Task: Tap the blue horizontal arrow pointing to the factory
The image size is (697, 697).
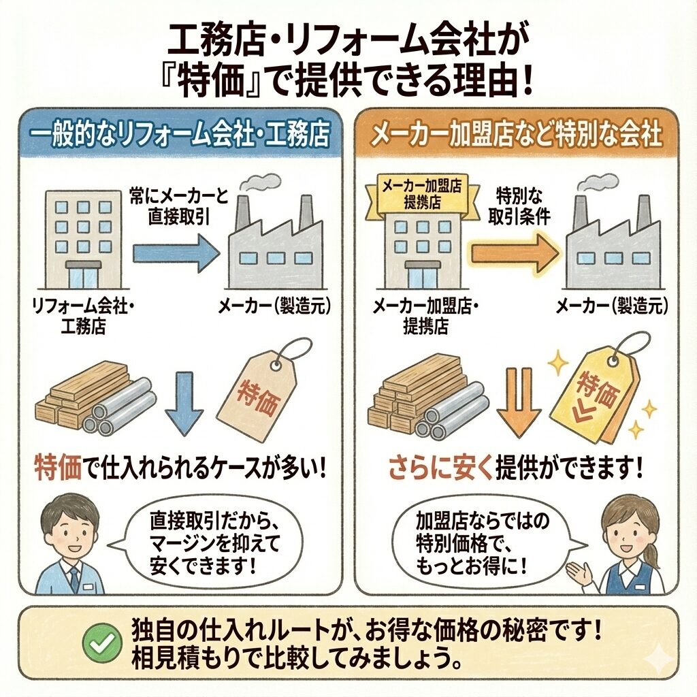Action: click(176, 254)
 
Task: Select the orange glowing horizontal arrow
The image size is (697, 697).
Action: click(515, 254)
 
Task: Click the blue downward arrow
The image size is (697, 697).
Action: click(184, 403)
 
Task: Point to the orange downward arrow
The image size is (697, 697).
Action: click(519, 403)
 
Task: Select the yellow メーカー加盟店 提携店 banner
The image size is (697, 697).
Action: click(422, 194)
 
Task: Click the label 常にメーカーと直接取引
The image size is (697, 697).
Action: click(179, 207)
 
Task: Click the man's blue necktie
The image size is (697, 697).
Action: click(74, 579)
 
